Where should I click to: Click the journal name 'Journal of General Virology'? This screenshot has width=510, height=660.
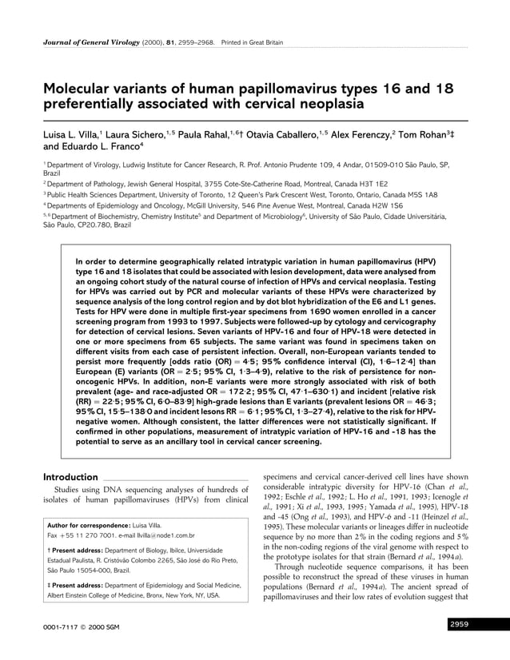(x=87, y=40)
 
